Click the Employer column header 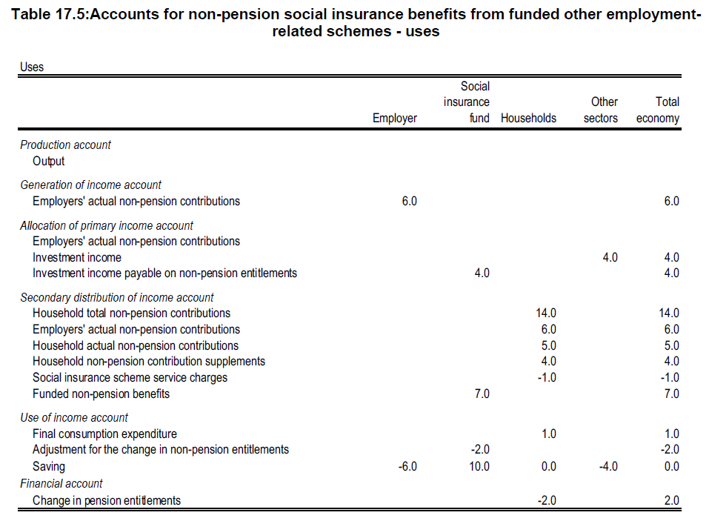click(x=394, y=119)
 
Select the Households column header click(x=528, y=119)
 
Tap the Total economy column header click(x=658, y=110)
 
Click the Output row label click(x=48, y=161)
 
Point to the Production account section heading click(x=65, y=145)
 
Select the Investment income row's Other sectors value click(x=610, y=257)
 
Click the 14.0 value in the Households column click(x=545, y=313)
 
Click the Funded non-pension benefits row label click(x=101, y=394)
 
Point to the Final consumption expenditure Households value click(x=548, y=434)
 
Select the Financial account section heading click(x=61, y=484)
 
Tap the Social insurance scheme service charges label click(x=130, y=377)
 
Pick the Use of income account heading click(x=74, y=417)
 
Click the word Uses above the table click(x=32, y=67)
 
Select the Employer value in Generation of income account click(x=409, y=201)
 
